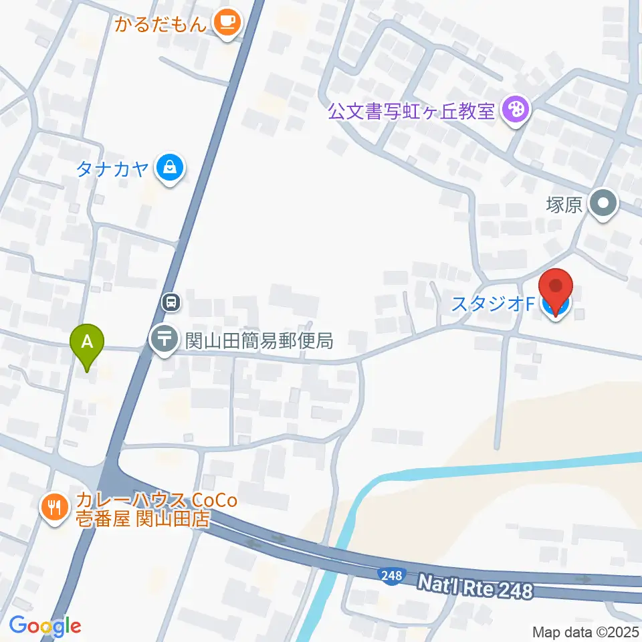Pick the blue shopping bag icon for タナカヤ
pos(171,167)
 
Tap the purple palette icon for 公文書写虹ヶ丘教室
pos(516,109)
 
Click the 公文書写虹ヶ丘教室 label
pos(411,110)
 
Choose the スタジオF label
pos(493,304)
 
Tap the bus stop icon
pos(171,302)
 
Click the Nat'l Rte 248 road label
pos(475,588)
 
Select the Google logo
pos(45,625)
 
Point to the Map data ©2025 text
pos(586,631)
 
